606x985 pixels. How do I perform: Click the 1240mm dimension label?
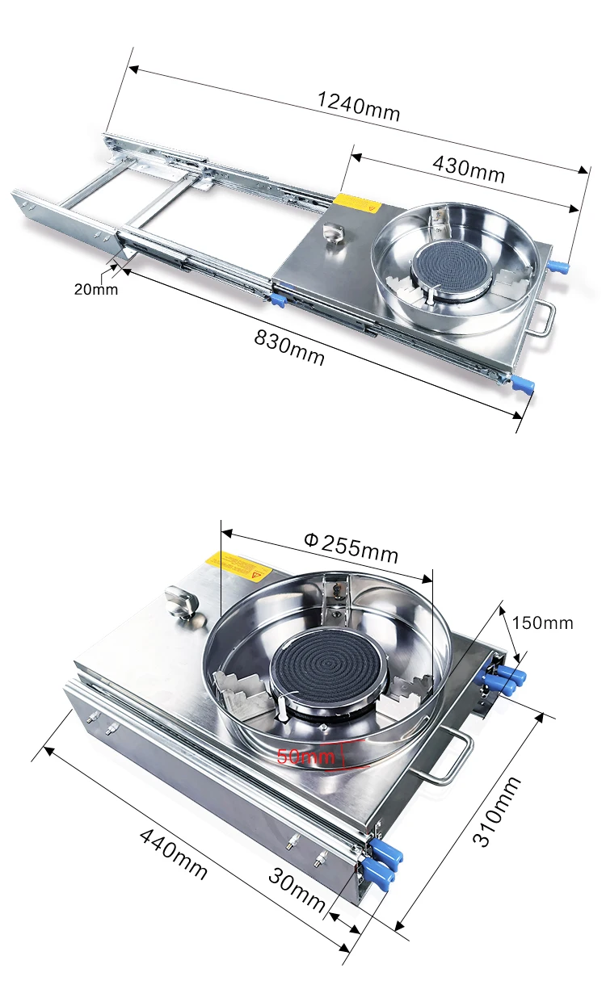point(358,106)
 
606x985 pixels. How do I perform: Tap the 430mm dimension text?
point(469,169)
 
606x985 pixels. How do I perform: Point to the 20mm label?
point(95,288)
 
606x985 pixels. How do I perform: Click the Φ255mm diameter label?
point(351,548)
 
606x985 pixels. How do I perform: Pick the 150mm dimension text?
point(542,622)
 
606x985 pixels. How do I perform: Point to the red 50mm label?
point(305,757)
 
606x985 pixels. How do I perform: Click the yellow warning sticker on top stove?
point(358,203)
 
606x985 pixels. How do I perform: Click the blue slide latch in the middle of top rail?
point(277,300)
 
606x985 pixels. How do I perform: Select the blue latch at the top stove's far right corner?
point(558,266)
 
